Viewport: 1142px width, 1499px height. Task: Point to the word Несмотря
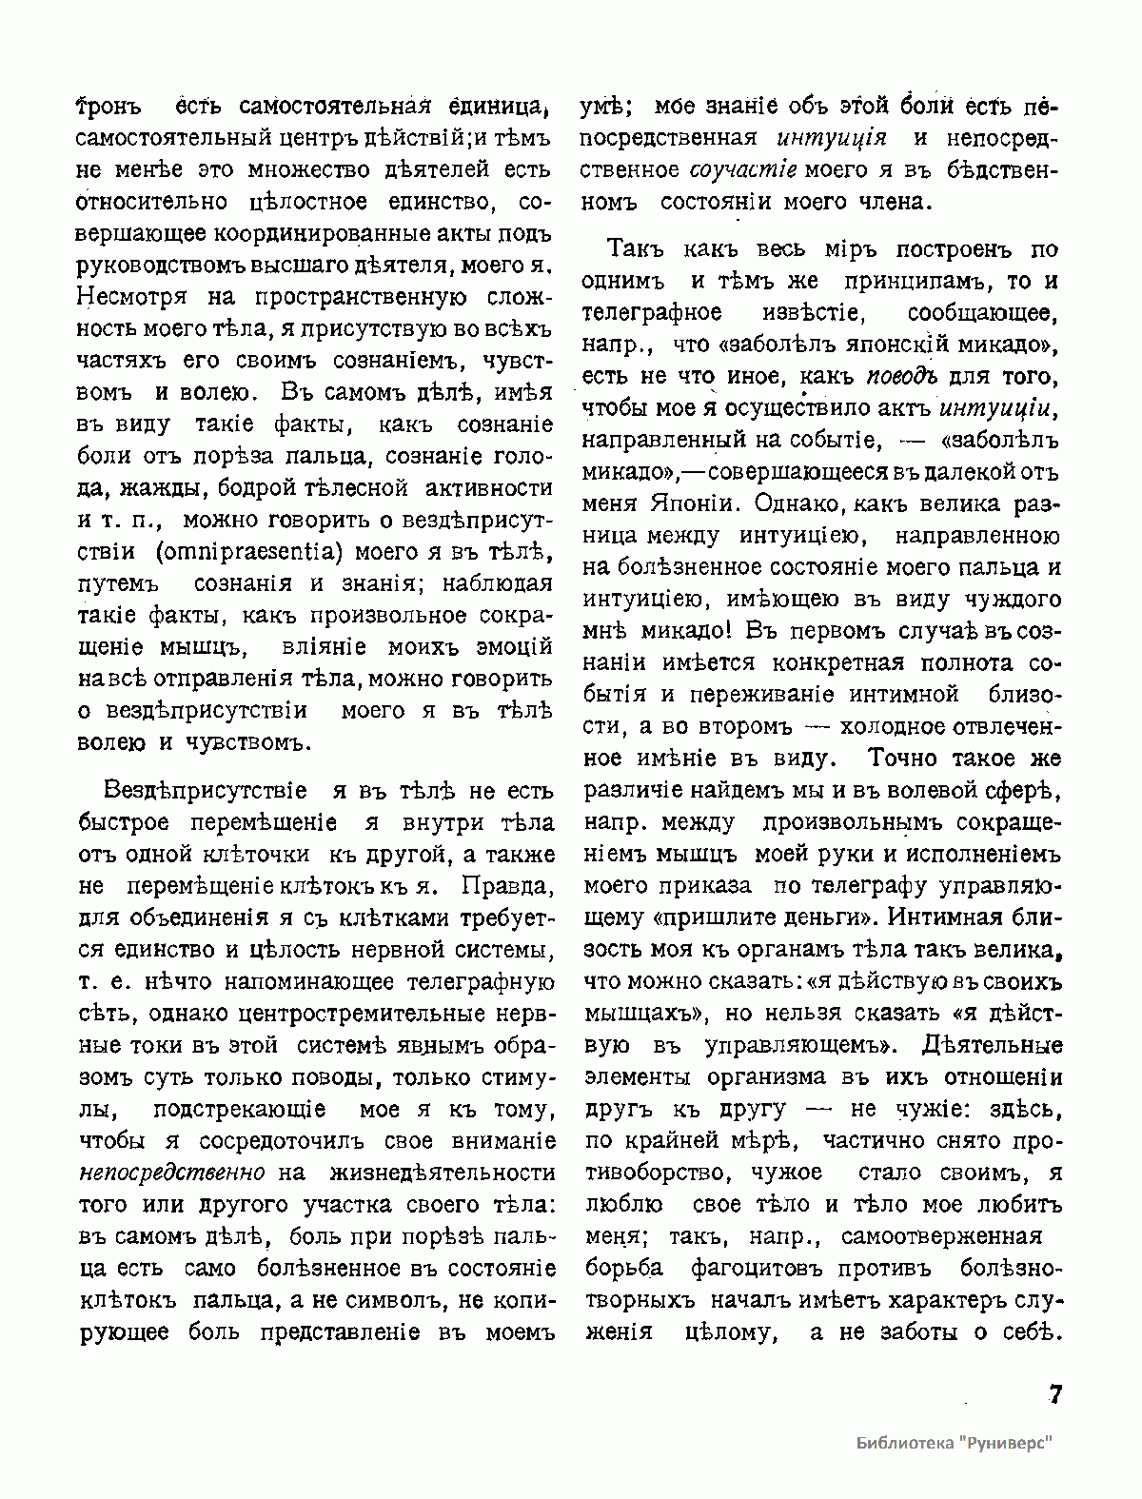point(127,297)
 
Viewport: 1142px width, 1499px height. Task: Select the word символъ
point(373,1300)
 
